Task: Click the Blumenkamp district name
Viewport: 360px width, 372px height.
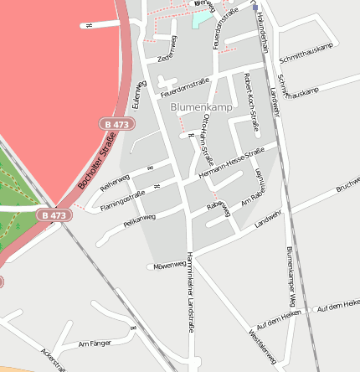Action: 199,107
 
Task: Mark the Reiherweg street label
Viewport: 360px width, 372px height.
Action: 115,182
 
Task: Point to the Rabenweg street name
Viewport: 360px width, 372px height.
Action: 218,209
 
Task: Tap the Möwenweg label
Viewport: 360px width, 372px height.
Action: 168,266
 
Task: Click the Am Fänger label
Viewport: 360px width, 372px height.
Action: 93,344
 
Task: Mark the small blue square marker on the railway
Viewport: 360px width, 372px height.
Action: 255,7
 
